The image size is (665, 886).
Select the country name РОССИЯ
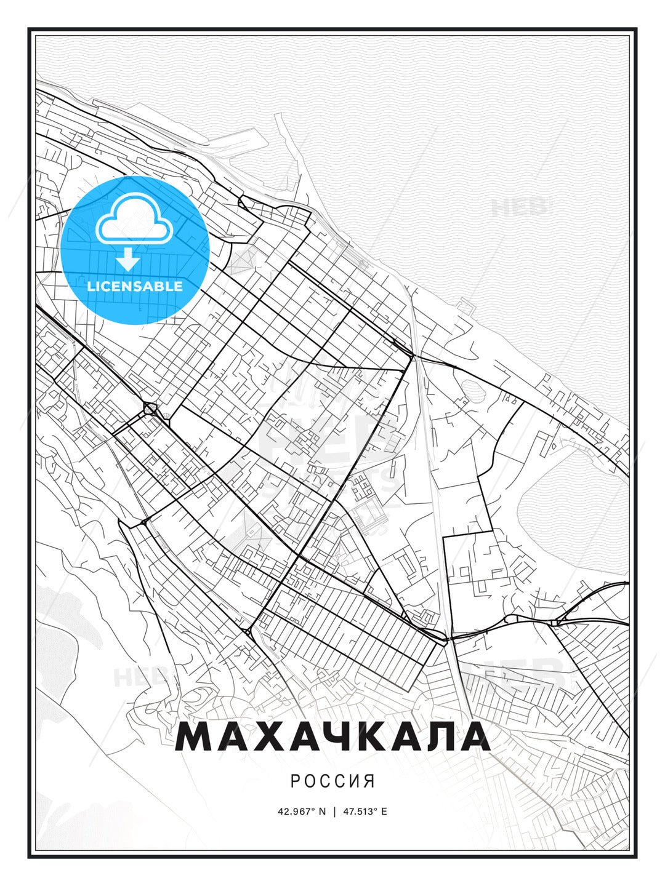coord(332,781)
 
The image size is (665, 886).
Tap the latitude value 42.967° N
coord(302,812)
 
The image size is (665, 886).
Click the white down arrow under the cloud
coord(128,259)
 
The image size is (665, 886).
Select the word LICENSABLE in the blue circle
coord(135,286)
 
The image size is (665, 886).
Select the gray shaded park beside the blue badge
coord(241,262)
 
